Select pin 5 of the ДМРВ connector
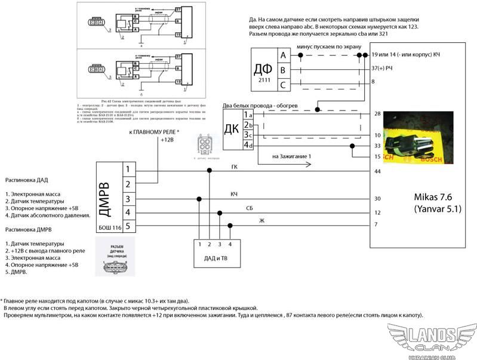pos(127,225)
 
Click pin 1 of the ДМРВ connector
pos(127,170)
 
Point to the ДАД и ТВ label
pos(215,257)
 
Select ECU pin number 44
pos(377,172)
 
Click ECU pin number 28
pos(377,113)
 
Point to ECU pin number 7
pos(376,224)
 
